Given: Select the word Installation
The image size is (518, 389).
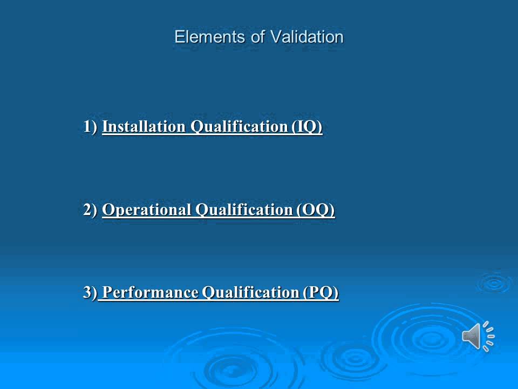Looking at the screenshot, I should tap(144, 127).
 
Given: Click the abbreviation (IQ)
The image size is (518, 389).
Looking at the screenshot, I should tap(307, 127).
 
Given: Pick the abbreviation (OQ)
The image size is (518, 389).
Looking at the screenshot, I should tap(316, 210).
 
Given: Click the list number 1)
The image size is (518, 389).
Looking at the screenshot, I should tap(90, 127).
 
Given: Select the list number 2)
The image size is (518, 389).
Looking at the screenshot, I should tap(90, 210).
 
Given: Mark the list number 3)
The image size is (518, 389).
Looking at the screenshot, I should tap(90, 293).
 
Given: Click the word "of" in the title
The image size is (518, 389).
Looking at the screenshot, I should tap(258, 37).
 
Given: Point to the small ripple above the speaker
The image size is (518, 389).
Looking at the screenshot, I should tap(493, 283).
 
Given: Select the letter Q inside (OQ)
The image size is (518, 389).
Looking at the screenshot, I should tap(322, 210).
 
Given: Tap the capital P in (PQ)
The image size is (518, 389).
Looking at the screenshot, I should tap(315, 293).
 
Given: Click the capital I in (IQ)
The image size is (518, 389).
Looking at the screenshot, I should tap(301, 127).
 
